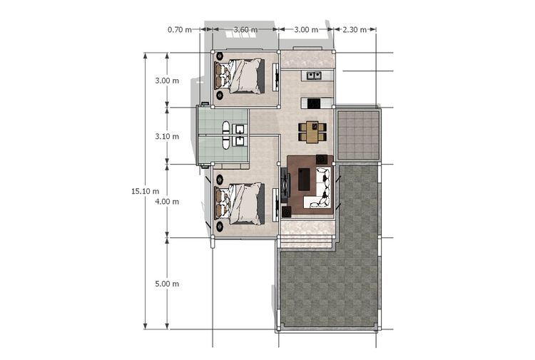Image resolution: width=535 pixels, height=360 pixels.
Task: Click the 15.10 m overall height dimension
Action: (146, 191)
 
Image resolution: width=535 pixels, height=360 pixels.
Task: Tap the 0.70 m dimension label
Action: (180, 30)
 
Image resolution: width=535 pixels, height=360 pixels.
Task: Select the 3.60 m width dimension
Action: (245, 30)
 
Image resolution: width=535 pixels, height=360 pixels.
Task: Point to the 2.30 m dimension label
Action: (355, 30)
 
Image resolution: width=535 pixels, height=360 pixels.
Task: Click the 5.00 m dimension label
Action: (167, 284)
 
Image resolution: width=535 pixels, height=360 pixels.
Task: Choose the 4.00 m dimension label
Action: (167, 202)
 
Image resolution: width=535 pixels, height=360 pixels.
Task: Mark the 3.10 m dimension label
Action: (167, 136)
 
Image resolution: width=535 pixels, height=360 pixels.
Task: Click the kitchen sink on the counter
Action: (314, 75)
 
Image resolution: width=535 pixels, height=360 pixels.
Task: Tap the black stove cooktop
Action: (313, 103)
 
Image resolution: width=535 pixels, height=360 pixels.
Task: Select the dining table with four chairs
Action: (312, 132)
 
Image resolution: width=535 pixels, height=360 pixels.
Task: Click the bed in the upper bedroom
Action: (240, 76)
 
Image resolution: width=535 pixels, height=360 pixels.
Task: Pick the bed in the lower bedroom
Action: (240, 204)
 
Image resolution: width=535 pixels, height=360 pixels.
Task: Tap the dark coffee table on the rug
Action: (304, 180)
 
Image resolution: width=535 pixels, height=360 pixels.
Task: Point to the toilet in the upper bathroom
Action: (227, 128)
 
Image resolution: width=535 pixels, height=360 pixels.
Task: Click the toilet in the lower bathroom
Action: (227, 143)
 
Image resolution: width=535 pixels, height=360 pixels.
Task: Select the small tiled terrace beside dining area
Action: (358, 135)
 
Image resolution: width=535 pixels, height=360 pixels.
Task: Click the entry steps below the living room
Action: (306, 241)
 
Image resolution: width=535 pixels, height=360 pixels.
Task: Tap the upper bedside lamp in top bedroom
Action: (220, 56)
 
